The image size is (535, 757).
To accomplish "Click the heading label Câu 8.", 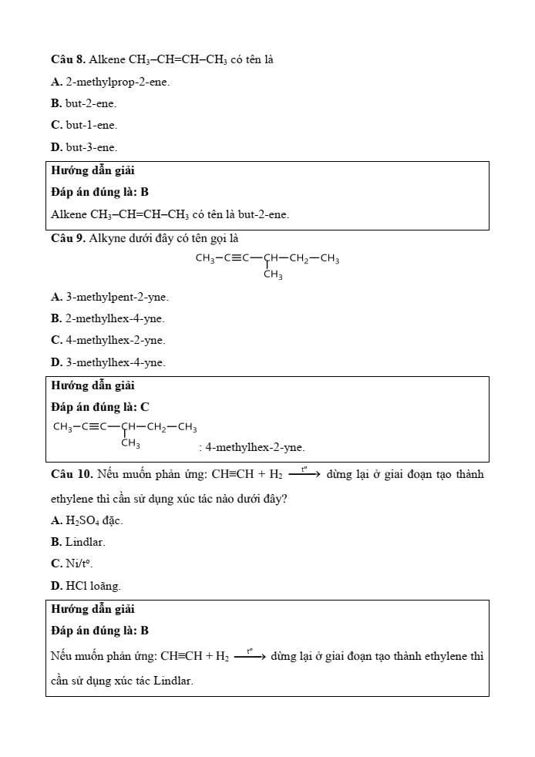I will click(x=68, y=59).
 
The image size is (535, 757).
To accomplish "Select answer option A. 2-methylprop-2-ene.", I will click(x=110, y=81).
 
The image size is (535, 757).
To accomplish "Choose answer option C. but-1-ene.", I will click(x=84, y=124).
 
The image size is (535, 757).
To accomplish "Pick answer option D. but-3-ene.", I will click(x=84, y=146).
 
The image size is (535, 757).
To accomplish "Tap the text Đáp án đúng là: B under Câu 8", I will click(x=99, y=191).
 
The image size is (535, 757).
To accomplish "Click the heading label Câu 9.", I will click(x=68, y=238).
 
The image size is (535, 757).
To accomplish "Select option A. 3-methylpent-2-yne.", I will click(x=109, y=297).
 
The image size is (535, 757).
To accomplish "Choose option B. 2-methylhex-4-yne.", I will click(x=107, y=318).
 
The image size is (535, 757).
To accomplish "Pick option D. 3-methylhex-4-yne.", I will click(x=108, y=362).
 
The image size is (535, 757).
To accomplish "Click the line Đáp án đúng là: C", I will click(x=100, y=406).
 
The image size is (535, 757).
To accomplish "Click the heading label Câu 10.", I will click(x=71, y=474).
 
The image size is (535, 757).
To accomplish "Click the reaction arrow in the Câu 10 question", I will click(x=304, y=475).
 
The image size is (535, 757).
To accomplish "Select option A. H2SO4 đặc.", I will click(x=86, y=520).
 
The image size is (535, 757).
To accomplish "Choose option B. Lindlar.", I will click(x=78, y=542).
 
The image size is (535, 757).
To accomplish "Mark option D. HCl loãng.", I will click(x=86, y=586).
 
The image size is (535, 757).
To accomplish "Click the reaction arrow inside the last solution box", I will click(x=250, y=658).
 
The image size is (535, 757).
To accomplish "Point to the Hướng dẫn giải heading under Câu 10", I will click(x=93, y=609).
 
